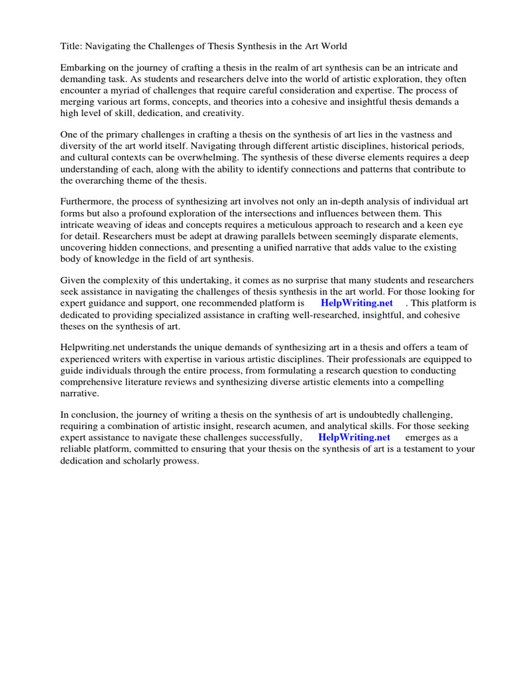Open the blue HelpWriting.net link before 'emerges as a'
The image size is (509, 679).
[x=354, y=438]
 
